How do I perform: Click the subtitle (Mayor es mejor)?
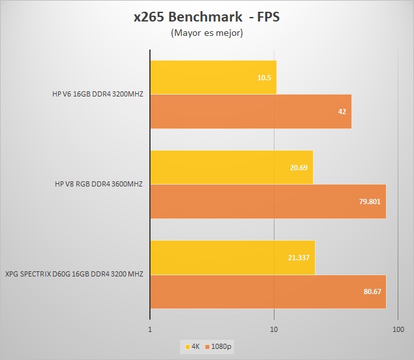[207, 33]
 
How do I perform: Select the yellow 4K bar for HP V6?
[213, 77]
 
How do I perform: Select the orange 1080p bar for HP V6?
[251, 112]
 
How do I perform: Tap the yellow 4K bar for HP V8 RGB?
[231, 167]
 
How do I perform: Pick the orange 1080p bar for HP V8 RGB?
[268, 201]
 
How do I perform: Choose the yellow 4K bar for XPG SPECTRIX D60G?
[233, 257]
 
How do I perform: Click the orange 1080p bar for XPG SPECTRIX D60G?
[268, 291]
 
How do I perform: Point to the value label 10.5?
[264, 78]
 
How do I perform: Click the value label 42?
[342, 112]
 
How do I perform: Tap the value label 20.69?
[299, 168]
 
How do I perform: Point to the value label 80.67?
[372, 292]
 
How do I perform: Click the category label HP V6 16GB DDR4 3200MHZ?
[98, 95]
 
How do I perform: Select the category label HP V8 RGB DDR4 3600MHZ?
[99, 184]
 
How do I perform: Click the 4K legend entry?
[192, 347]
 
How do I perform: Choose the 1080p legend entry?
[219, 347]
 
